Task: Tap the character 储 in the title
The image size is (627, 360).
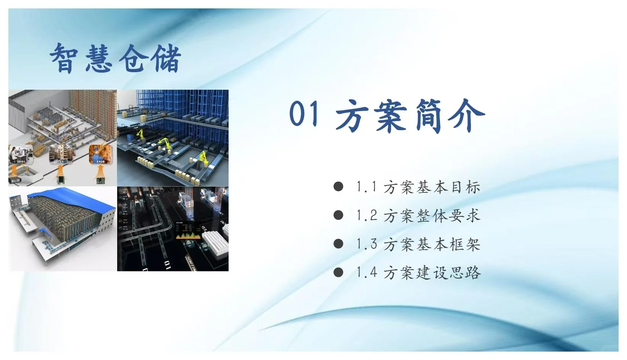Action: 165,58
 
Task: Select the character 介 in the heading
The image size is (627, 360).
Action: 466,115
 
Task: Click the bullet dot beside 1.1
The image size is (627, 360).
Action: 338,186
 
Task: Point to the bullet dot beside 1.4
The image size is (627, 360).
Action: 338,272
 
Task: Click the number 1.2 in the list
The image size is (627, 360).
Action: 367,215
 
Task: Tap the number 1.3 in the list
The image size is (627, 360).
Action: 367,244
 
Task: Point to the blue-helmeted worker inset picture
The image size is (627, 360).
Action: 100,154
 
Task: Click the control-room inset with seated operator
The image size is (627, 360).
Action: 21,155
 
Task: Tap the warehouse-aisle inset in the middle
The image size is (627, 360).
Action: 60,155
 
